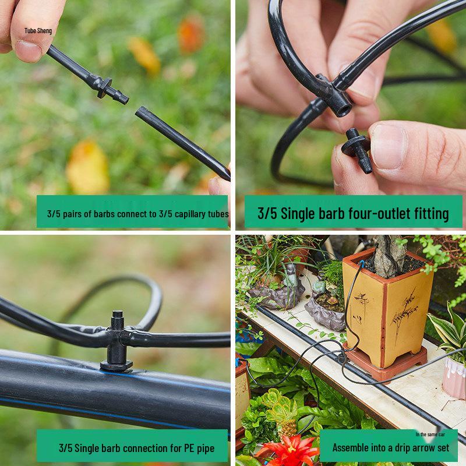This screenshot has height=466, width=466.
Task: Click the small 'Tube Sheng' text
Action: (38, 30)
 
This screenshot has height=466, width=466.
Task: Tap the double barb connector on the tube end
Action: (108, 88)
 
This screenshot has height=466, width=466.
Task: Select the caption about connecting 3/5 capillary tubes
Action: (137, 214)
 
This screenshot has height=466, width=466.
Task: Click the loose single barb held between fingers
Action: (357, 150)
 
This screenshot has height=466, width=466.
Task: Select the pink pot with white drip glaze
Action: (454, 376)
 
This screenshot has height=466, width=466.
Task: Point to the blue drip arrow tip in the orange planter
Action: (363, 263)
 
